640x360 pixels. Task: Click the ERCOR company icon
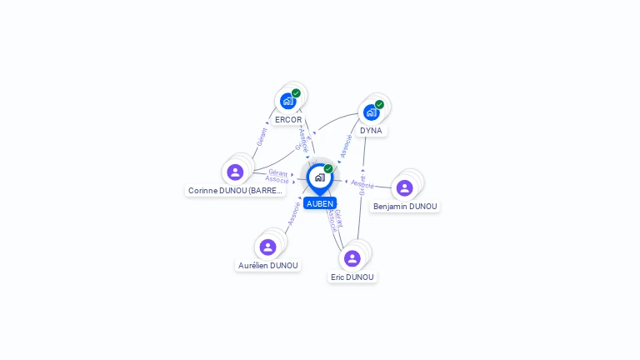(287, 101)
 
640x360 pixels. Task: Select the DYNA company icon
(371, 112)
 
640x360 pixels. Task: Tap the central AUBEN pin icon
(319, 177)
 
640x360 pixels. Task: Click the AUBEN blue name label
(320, 203)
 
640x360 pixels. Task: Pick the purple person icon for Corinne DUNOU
(235, 172)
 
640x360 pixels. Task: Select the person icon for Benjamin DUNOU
(404, 187)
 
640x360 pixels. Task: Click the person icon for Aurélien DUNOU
(267, 247)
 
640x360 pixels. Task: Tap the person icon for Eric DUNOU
(352, 258)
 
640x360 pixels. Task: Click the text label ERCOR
(288, 120)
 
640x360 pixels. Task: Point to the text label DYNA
(371, 131)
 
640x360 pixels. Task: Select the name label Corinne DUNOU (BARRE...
(236, 191)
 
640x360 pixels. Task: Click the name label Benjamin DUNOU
(405, 206)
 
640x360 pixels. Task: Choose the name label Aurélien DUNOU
(268, 266)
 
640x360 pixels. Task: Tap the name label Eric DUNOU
(352, 277)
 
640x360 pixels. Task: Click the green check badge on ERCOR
(296, 93)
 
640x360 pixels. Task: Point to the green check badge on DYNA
(379, 104)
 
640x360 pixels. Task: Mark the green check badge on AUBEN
(328, 168)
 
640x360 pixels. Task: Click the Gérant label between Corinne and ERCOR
(262, 137)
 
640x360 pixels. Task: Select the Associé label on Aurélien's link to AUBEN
(292, 214)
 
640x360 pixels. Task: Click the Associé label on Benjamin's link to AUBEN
(362, 182)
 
